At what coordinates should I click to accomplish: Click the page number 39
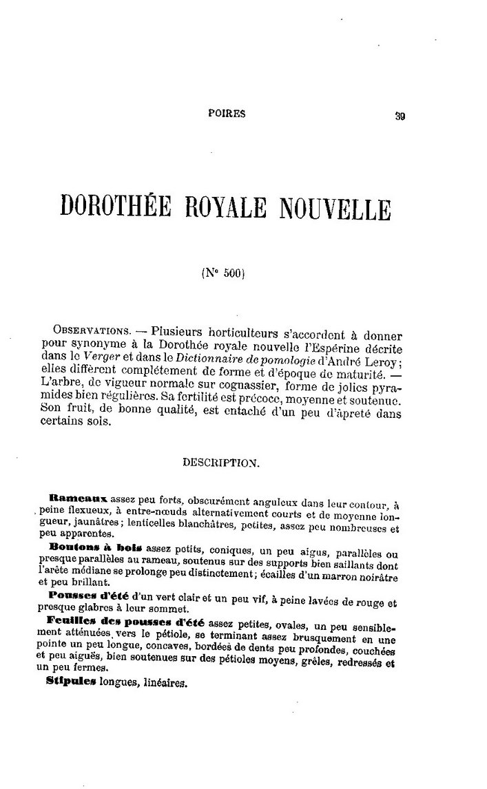tap(400, 116)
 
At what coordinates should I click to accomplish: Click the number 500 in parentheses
tap(231, 272)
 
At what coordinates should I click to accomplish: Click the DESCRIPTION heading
tap(220, 463)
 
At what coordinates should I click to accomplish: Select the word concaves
tap(145, 651)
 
